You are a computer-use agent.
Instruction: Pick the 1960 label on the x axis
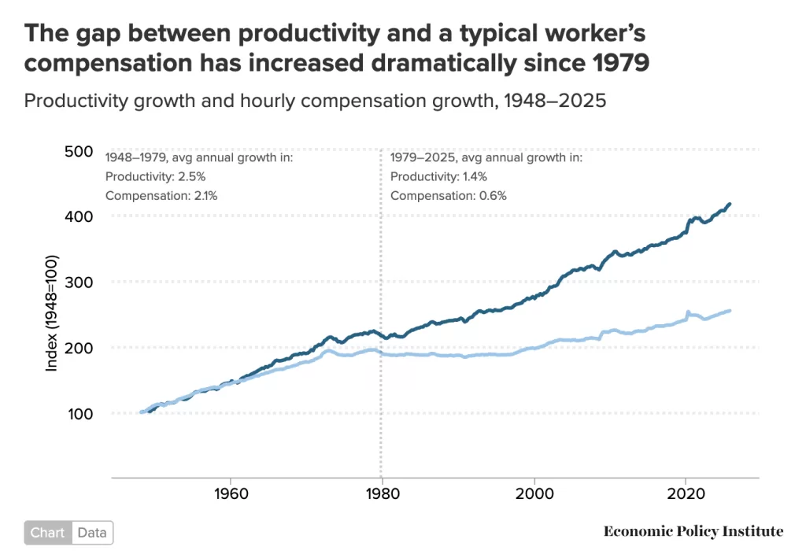coord(229,496)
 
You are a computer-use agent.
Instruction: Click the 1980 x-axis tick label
coord(382,496)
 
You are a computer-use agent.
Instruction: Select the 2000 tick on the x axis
coord(534,496)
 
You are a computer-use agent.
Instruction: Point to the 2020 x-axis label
coord(686,496)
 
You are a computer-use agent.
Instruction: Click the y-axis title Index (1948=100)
coord(52,313)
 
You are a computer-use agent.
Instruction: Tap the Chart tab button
coord(48,533)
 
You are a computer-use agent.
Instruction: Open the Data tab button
coord(92,533)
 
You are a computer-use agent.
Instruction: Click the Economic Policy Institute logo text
coord(693,532)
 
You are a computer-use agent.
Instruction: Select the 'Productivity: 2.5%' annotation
coord(153,176)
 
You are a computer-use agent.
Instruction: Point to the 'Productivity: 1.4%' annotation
coord(438,176)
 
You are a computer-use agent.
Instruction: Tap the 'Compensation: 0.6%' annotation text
coord(448,195)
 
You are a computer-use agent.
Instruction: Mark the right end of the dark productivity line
coord(730,204)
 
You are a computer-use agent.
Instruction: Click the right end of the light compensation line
coord(730,310)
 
